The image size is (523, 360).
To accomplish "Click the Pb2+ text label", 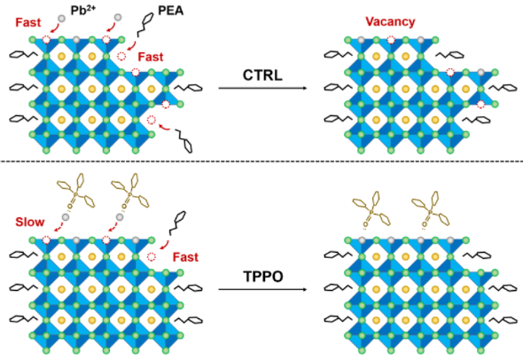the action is (83, 10).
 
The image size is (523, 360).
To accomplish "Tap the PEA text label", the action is (170, 11).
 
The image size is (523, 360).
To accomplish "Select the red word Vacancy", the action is (390, 21).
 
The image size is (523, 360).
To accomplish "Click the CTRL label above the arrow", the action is (262, 75).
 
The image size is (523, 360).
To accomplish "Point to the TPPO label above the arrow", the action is (263, 277).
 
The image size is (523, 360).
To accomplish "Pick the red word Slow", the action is (30, 222).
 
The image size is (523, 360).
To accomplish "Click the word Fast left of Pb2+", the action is (28, 22).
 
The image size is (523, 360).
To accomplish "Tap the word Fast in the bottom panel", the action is (185, 257).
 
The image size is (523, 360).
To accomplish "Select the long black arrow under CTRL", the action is (262, 88).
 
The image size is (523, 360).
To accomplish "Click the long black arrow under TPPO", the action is (262, 289).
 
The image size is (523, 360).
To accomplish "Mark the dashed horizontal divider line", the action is (261, 161).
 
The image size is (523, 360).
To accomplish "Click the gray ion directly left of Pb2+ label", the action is (61, 19).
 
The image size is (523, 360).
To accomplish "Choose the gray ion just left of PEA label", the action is (118, 17).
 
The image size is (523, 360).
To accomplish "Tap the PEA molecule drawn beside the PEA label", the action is (145, 25).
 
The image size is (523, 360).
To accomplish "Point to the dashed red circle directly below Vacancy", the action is (391, 40).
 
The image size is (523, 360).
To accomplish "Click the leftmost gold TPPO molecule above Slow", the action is (76, 192).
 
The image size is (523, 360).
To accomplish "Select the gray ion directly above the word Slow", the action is (66, 217).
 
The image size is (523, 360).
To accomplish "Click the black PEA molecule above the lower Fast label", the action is (177, 223).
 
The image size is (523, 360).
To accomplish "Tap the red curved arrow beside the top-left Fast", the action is (54, 28).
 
